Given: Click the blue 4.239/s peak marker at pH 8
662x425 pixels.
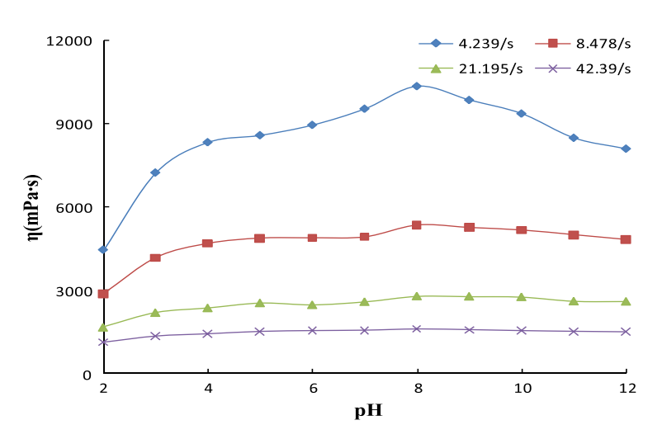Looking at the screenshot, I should [x=417, y=86].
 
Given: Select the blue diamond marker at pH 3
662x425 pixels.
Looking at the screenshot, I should [x=155, y=172].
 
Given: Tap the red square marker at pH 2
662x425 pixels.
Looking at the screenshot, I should [x=103, y=294].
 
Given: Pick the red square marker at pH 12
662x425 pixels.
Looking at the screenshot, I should [x=626, y=239].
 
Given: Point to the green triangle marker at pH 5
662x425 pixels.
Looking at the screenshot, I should [x=260, y=303].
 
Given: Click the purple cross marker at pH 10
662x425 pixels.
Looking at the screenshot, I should [x=521, y=330].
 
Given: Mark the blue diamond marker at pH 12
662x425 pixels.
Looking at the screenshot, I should [x=626, y=149].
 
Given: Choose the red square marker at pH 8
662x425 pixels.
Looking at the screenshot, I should [x=417, y=224].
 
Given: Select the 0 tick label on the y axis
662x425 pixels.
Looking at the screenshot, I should [x=87, y=375].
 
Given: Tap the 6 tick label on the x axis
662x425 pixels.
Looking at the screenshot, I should [x=312, y=388].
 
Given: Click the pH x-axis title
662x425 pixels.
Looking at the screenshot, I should [x=368, y=410].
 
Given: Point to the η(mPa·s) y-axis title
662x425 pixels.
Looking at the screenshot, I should [x=34, y=207].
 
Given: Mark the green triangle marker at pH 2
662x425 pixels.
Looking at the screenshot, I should [x=103, y=327].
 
